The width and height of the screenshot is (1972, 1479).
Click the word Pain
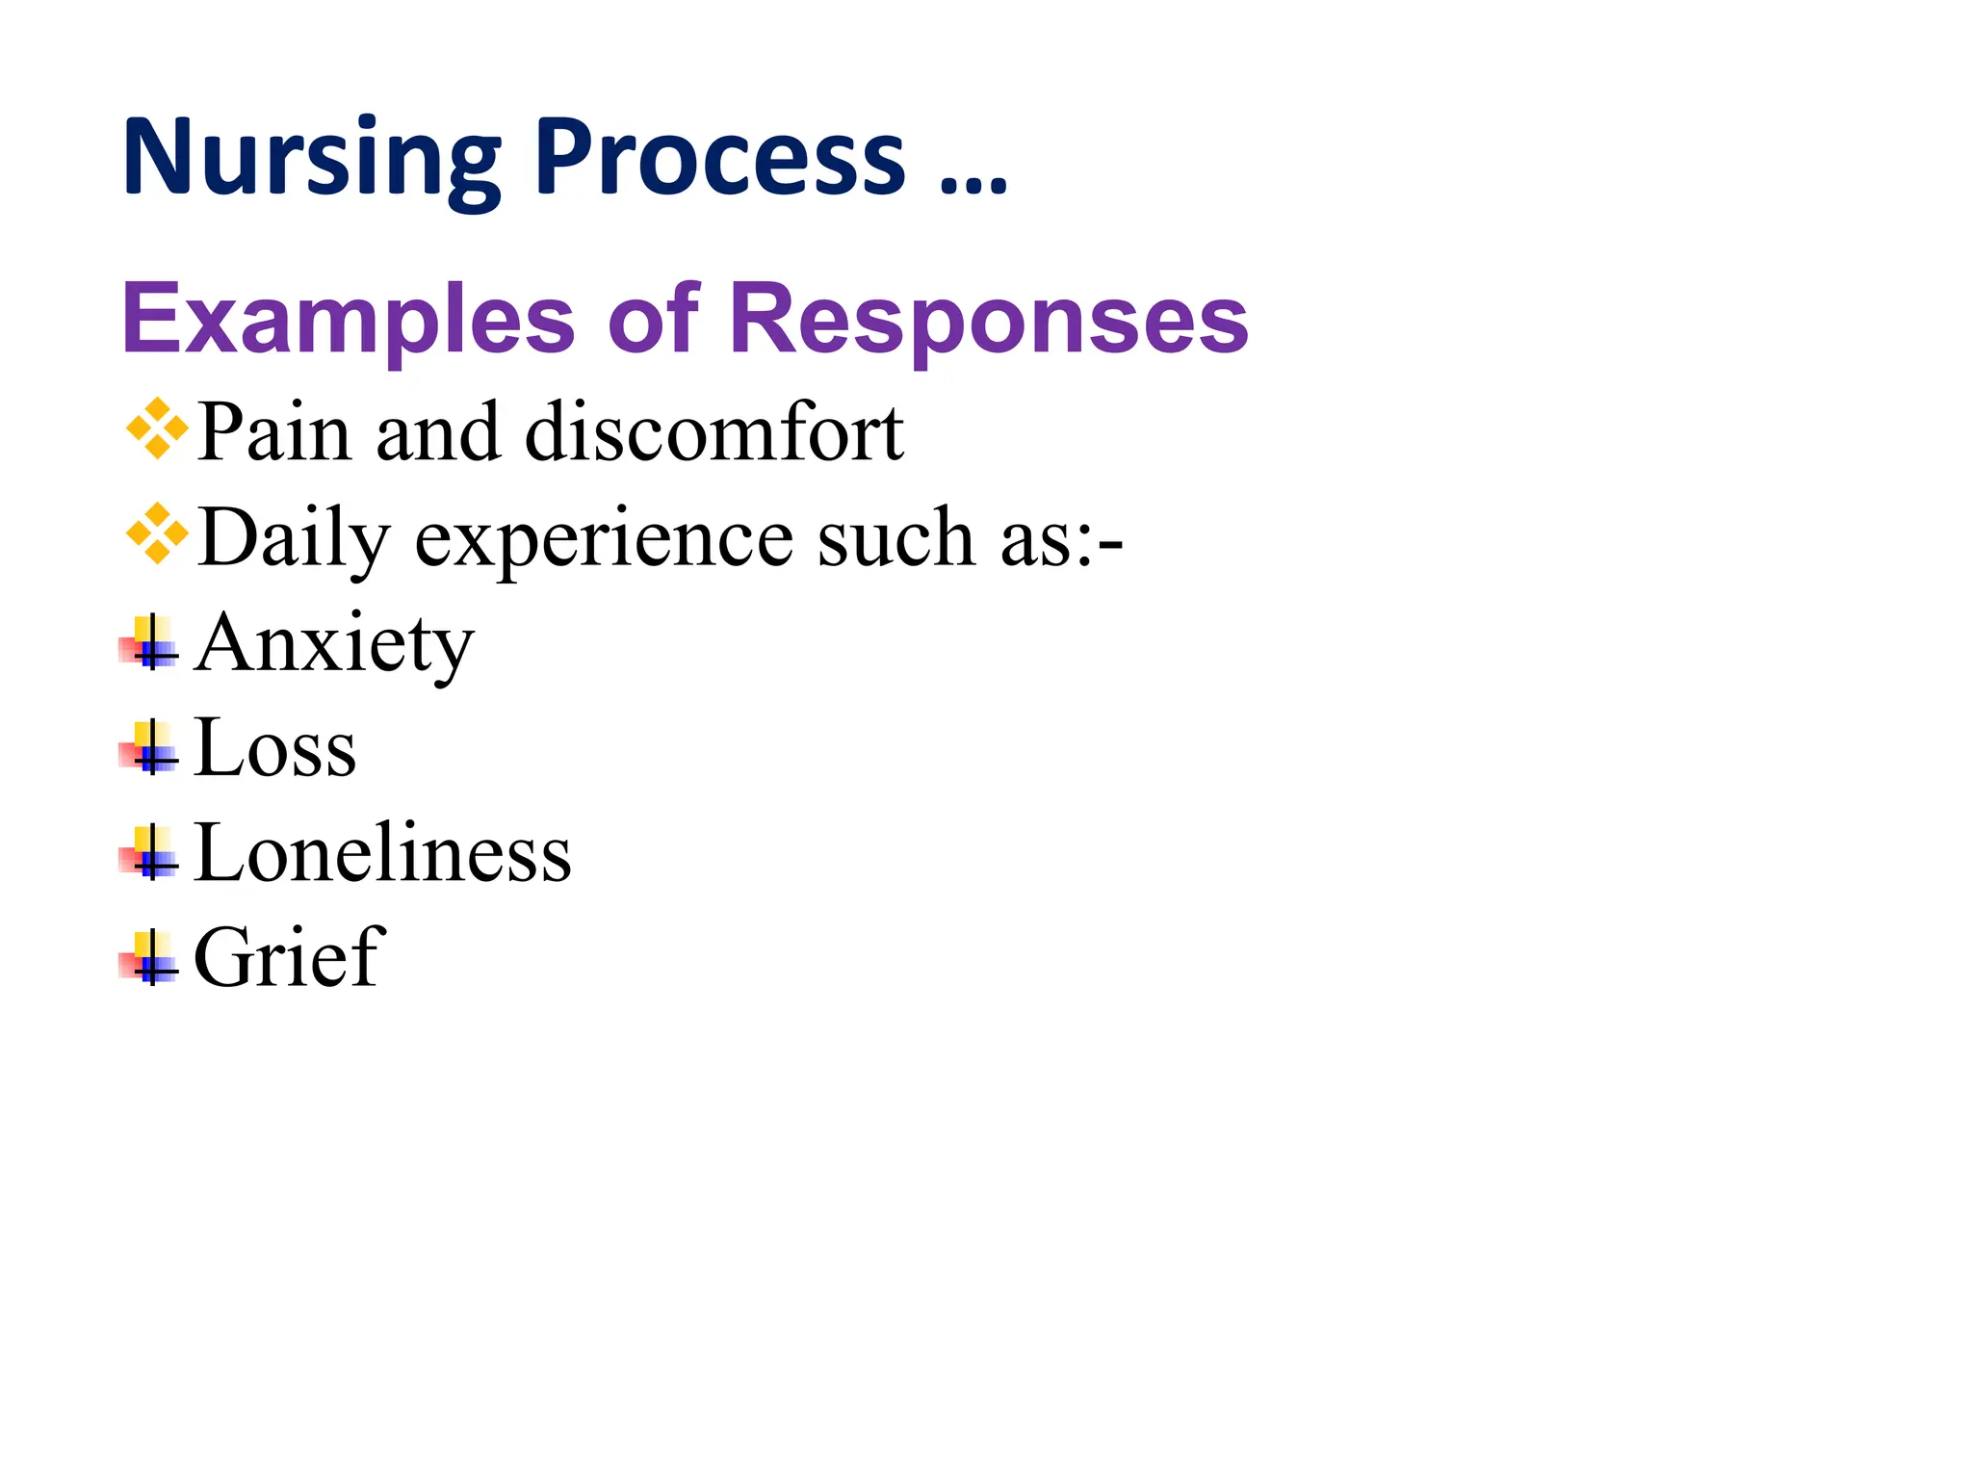pos(273,432)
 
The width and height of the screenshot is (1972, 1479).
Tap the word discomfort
pos(714,432)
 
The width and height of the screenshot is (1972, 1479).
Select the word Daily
pos(294,539)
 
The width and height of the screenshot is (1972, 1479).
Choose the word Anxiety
pos(334,645)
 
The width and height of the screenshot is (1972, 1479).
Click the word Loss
pos(275,748)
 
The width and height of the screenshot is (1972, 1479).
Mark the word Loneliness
pos(382,853)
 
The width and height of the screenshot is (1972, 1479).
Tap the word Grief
pos(289,958)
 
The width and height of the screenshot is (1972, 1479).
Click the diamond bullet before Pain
pos(157,428)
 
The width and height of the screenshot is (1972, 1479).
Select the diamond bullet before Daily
pos(157,533)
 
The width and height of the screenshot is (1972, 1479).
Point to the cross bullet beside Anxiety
pos(150,642)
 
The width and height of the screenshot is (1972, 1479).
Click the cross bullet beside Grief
pos(150,958)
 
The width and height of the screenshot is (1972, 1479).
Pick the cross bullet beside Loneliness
pos(150,853)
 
